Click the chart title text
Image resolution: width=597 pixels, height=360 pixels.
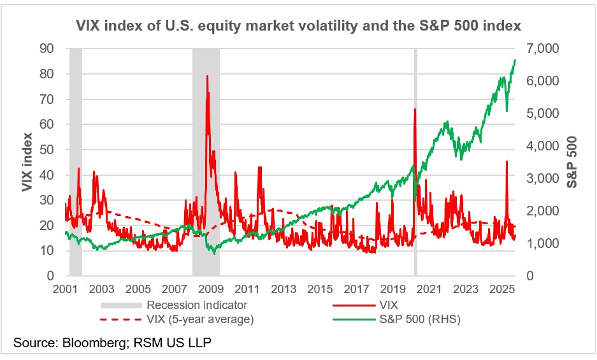[x=298, y=26]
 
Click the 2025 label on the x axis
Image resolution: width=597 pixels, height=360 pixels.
[x=502, y=288]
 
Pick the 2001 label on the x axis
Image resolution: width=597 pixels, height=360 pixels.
[x=65, y=288]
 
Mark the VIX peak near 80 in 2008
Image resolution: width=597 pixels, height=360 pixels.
[x=207, y=76]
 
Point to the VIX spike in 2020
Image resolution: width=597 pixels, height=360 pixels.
[x=415, y=109]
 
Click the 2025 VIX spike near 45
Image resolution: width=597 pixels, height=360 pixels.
[x=507, y=161]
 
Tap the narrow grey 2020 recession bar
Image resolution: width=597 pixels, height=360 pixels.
[x=415, y=191]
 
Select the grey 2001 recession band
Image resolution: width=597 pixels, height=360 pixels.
[x=76, y=191]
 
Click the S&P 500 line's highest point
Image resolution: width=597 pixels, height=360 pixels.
[x=515, y=59]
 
